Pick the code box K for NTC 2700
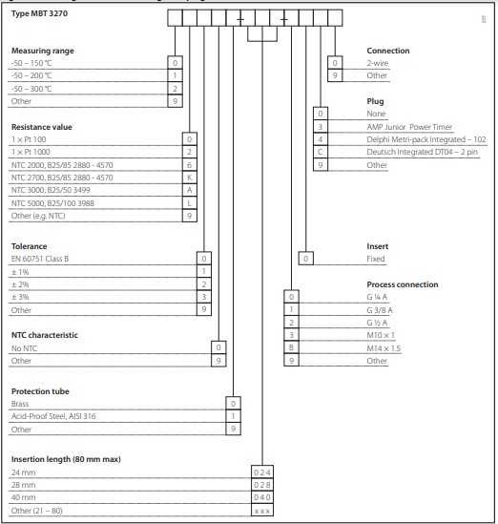click(189, 178)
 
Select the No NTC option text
click(26, 347)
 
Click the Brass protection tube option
click(22, 403)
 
